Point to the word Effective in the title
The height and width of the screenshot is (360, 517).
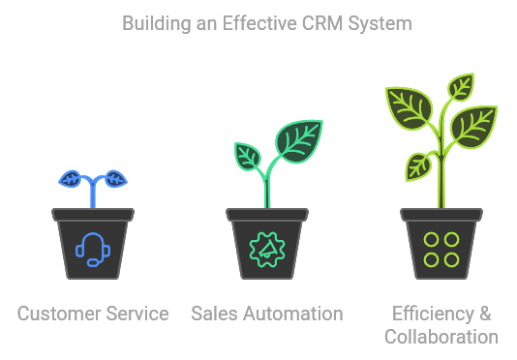click(x=260, y=22)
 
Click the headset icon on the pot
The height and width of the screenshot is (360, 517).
click(x=93, y=249)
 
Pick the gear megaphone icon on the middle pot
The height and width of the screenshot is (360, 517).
click(x=267, y=249)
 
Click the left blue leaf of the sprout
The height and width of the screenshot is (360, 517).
click(x=72, y=179)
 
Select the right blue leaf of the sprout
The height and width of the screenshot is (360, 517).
click(x=114, y=179)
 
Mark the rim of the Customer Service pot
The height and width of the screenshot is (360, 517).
click(x=93, y=214)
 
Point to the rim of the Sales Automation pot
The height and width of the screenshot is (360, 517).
click(x=267, y=214)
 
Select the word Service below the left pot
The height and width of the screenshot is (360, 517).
click(x=137, y=314)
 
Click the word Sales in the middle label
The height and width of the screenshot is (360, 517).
click(x=212, y=314)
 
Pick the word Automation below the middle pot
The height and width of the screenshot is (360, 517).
click(x=290, y=314)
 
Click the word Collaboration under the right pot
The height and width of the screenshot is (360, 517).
click(x=441, y=337)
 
